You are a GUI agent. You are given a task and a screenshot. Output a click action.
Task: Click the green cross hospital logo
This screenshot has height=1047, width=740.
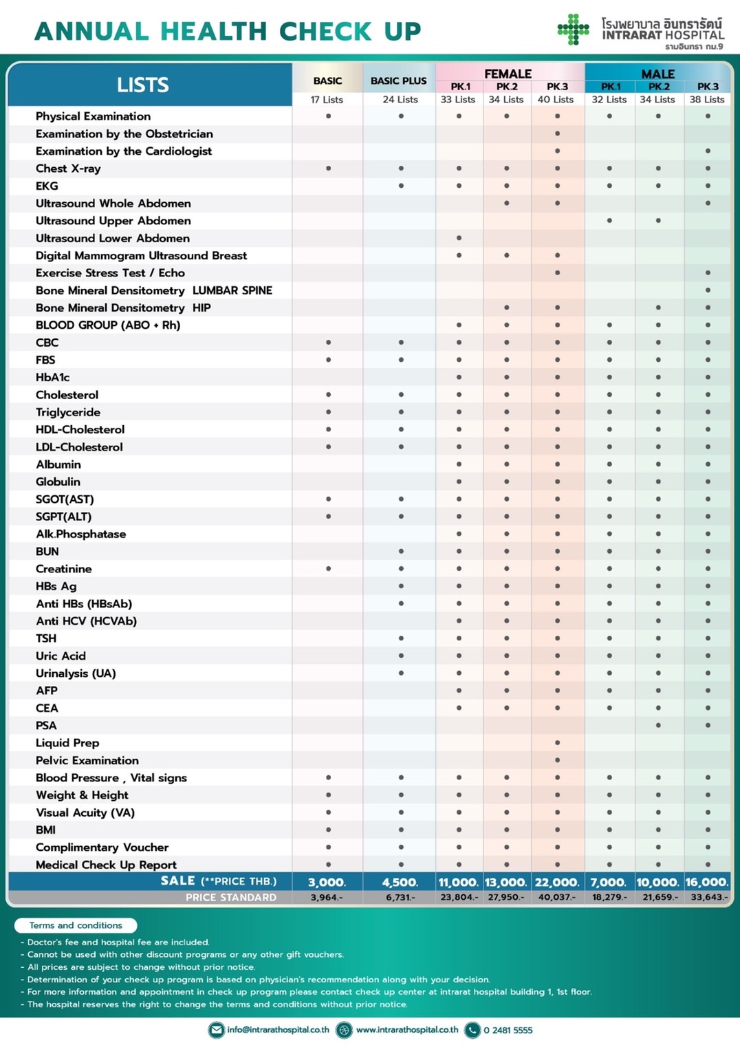click(x=573, y=30)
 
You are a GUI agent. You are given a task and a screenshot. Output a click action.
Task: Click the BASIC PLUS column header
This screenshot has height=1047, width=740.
click(x=398, y=80)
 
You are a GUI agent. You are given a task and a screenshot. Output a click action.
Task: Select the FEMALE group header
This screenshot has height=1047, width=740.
click(x=508, y=74)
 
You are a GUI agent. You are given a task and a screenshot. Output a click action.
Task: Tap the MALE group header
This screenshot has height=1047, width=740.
click(x=657, y=74)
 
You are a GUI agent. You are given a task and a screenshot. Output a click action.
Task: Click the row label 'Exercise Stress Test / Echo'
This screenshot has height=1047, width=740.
click(x=110, y=273)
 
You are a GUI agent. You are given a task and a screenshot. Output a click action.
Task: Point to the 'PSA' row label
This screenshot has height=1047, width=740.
click(x=46, y=725)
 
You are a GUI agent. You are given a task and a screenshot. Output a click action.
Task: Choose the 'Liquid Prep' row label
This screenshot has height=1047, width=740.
click(x=67, y=743)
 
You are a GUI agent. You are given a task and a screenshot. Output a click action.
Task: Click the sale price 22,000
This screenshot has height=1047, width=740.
click(x=557, y=882)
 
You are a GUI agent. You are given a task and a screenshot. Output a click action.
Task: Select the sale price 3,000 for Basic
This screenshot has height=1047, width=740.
click(x=327, y=882)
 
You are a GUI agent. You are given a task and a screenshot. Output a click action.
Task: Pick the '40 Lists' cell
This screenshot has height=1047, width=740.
click(x=556, y=100)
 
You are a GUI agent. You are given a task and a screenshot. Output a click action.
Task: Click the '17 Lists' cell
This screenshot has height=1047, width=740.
click(x=327, y=100)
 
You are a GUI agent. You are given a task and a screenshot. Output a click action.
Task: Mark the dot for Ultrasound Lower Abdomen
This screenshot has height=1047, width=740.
click(x=459, y=238)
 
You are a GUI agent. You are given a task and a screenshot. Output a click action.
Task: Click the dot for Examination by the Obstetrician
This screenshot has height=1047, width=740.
click(x=557, y=133)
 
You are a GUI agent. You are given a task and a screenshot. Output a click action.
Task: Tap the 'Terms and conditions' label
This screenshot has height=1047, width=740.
click(x=76, y=925)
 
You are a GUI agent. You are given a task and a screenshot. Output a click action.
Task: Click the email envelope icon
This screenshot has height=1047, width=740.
click(x=217, y=1030)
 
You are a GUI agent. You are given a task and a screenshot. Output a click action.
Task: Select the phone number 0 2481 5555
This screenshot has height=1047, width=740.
click(x=508, y=1030)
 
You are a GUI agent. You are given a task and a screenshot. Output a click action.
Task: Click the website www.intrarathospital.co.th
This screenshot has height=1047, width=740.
click(x=407, y=1030)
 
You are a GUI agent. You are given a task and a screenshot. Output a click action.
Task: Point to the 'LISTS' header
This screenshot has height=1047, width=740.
click(x=142, y=85)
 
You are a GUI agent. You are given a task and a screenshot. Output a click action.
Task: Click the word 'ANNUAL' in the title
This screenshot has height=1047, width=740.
click(x=91, y=31)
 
